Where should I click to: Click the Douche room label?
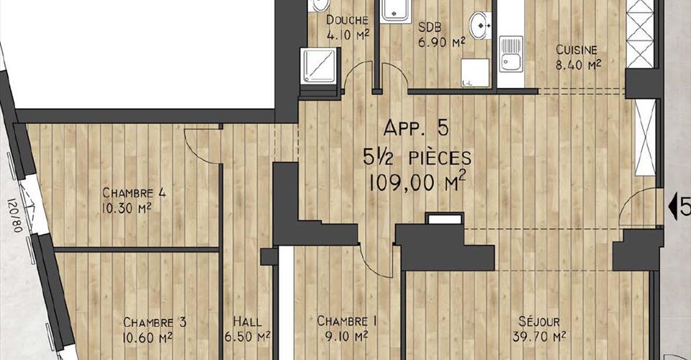[x=347, y=20]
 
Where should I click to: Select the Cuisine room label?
[x=577, y=50]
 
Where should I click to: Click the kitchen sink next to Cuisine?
[x=511, y=54]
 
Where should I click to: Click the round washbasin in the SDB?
[x=480, y=25]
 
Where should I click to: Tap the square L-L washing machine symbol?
[x=474, y=73]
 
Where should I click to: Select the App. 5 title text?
[x=416, y=127]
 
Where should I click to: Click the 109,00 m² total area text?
[x=417, y=182]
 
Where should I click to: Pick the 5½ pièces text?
[x=417, y=157]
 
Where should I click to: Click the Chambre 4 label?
[x=134, y=193]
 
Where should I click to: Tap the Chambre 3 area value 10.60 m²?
[x=148, y=338]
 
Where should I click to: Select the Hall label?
[x=247, y=322]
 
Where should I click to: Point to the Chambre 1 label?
[x=347, y=321]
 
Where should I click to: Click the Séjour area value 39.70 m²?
[x=538, y=337]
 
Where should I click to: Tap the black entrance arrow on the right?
[x=674, y=207]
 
